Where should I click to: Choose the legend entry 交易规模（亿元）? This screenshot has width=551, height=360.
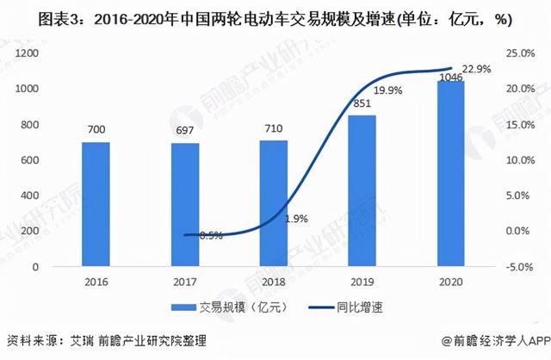[x=232, y=307]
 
